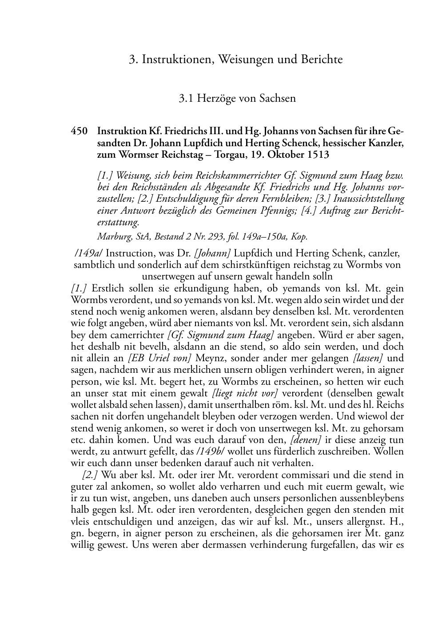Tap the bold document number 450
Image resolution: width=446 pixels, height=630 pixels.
point(79,132)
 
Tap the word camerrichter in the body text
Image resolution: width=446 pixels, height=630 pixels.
point(138,335)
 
